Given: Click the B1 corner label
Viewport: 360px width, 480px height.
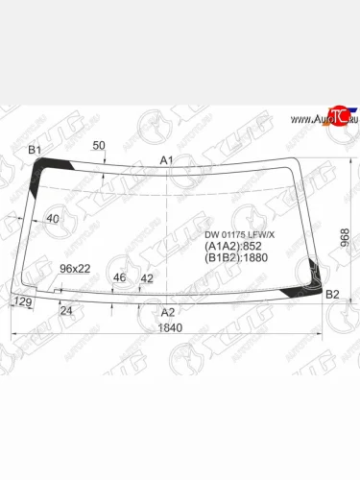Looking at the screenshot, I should [35, 150].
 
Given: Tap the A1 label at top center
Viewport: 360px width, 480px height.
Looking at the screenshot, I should [166, 159].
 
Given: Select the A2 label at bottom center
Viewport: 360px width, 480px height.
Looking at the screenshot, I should [168, 312].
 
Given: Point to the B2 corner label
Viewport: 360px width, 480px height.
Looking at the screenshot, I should [333, 294].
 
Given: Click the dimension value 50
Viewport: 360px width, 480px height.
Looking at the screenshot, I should [99, 145].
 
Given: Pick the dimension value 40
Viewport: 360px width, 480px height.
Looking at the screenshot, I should [52, 219].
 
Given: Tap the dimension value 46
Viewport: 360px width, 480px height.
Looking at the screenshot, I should [120, 278].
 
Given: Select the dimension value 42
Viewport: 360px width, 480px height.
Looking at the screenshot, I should [147, 278].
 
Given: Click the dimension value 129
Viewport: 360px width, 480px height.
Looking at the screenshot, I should [22, 301].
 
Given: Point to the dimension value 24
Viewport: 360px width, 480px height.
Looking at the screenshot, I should [66, 311].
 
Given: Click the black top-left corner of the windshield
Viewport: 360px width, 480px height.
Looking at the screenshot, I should [42, 170].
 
